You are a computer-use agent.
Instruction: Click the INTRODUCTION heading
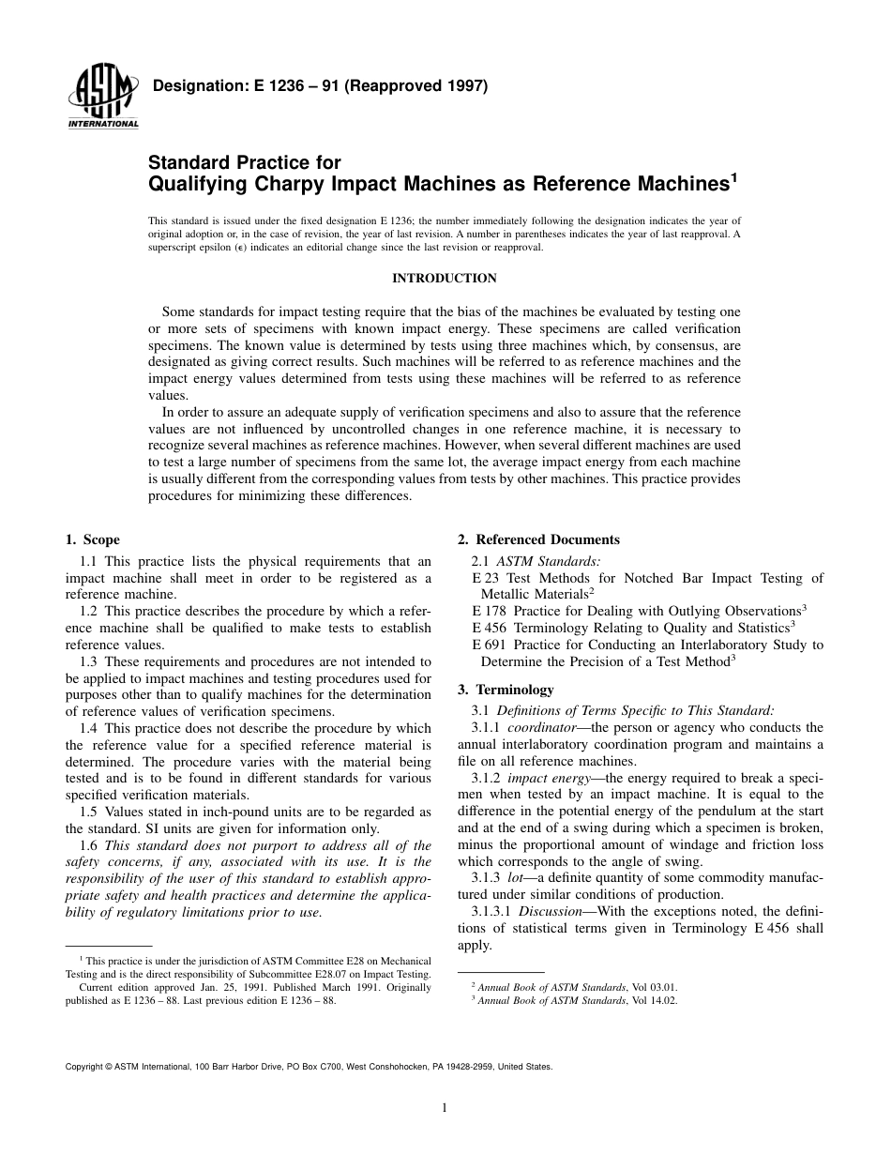pyautogui.click(x=444, y=279)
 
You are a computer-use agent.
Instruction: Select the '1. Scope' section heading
pyautogui.click(x=92, y=539)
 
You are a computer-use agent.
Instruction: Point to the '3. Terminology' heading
pyautogui.click(x=506, y=690)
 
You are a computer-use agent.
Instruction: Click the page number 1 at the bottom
pyautogui.click(x=445, y=1108)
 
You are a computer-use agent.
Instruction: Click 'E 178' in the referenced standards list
pyautogui.click(x=490, y=609)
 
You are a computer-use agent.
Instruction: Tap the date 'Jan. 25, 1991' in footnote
pyautogui.click(x=216, y=988)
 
